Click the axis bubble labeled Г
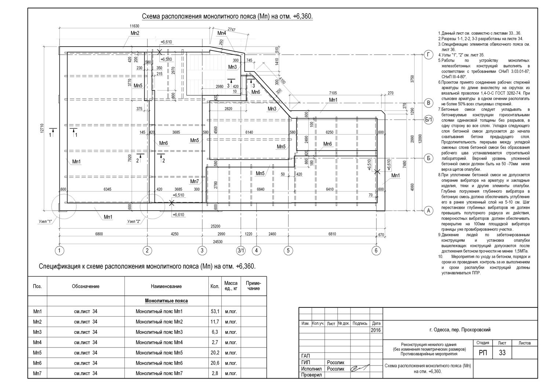pos(428,55)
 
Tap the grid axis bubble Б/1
pos(428,119)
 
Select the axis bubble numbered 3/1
pos(241,251)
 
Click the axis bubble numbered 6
pos(376,251)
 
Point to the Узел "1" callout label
pos(45,221)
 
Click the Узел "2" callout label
pos(134,221)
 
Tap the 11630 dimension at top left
pos(134,26)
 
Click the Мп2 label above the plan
pos(135,33)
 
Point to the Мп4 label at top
pos(222,33)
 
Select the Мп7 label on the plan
pos(194,182)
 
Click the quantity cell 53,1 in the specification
pos(215,312)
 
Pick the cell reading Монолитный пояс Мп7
pos(159,374)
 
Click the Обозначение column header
pos(85,286)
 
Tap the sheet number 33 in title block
pos(502,353)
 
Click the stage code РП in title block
pos(483,353)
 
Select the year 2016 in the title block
pos(376,330)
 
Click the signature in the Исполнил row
pos(360,368)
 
